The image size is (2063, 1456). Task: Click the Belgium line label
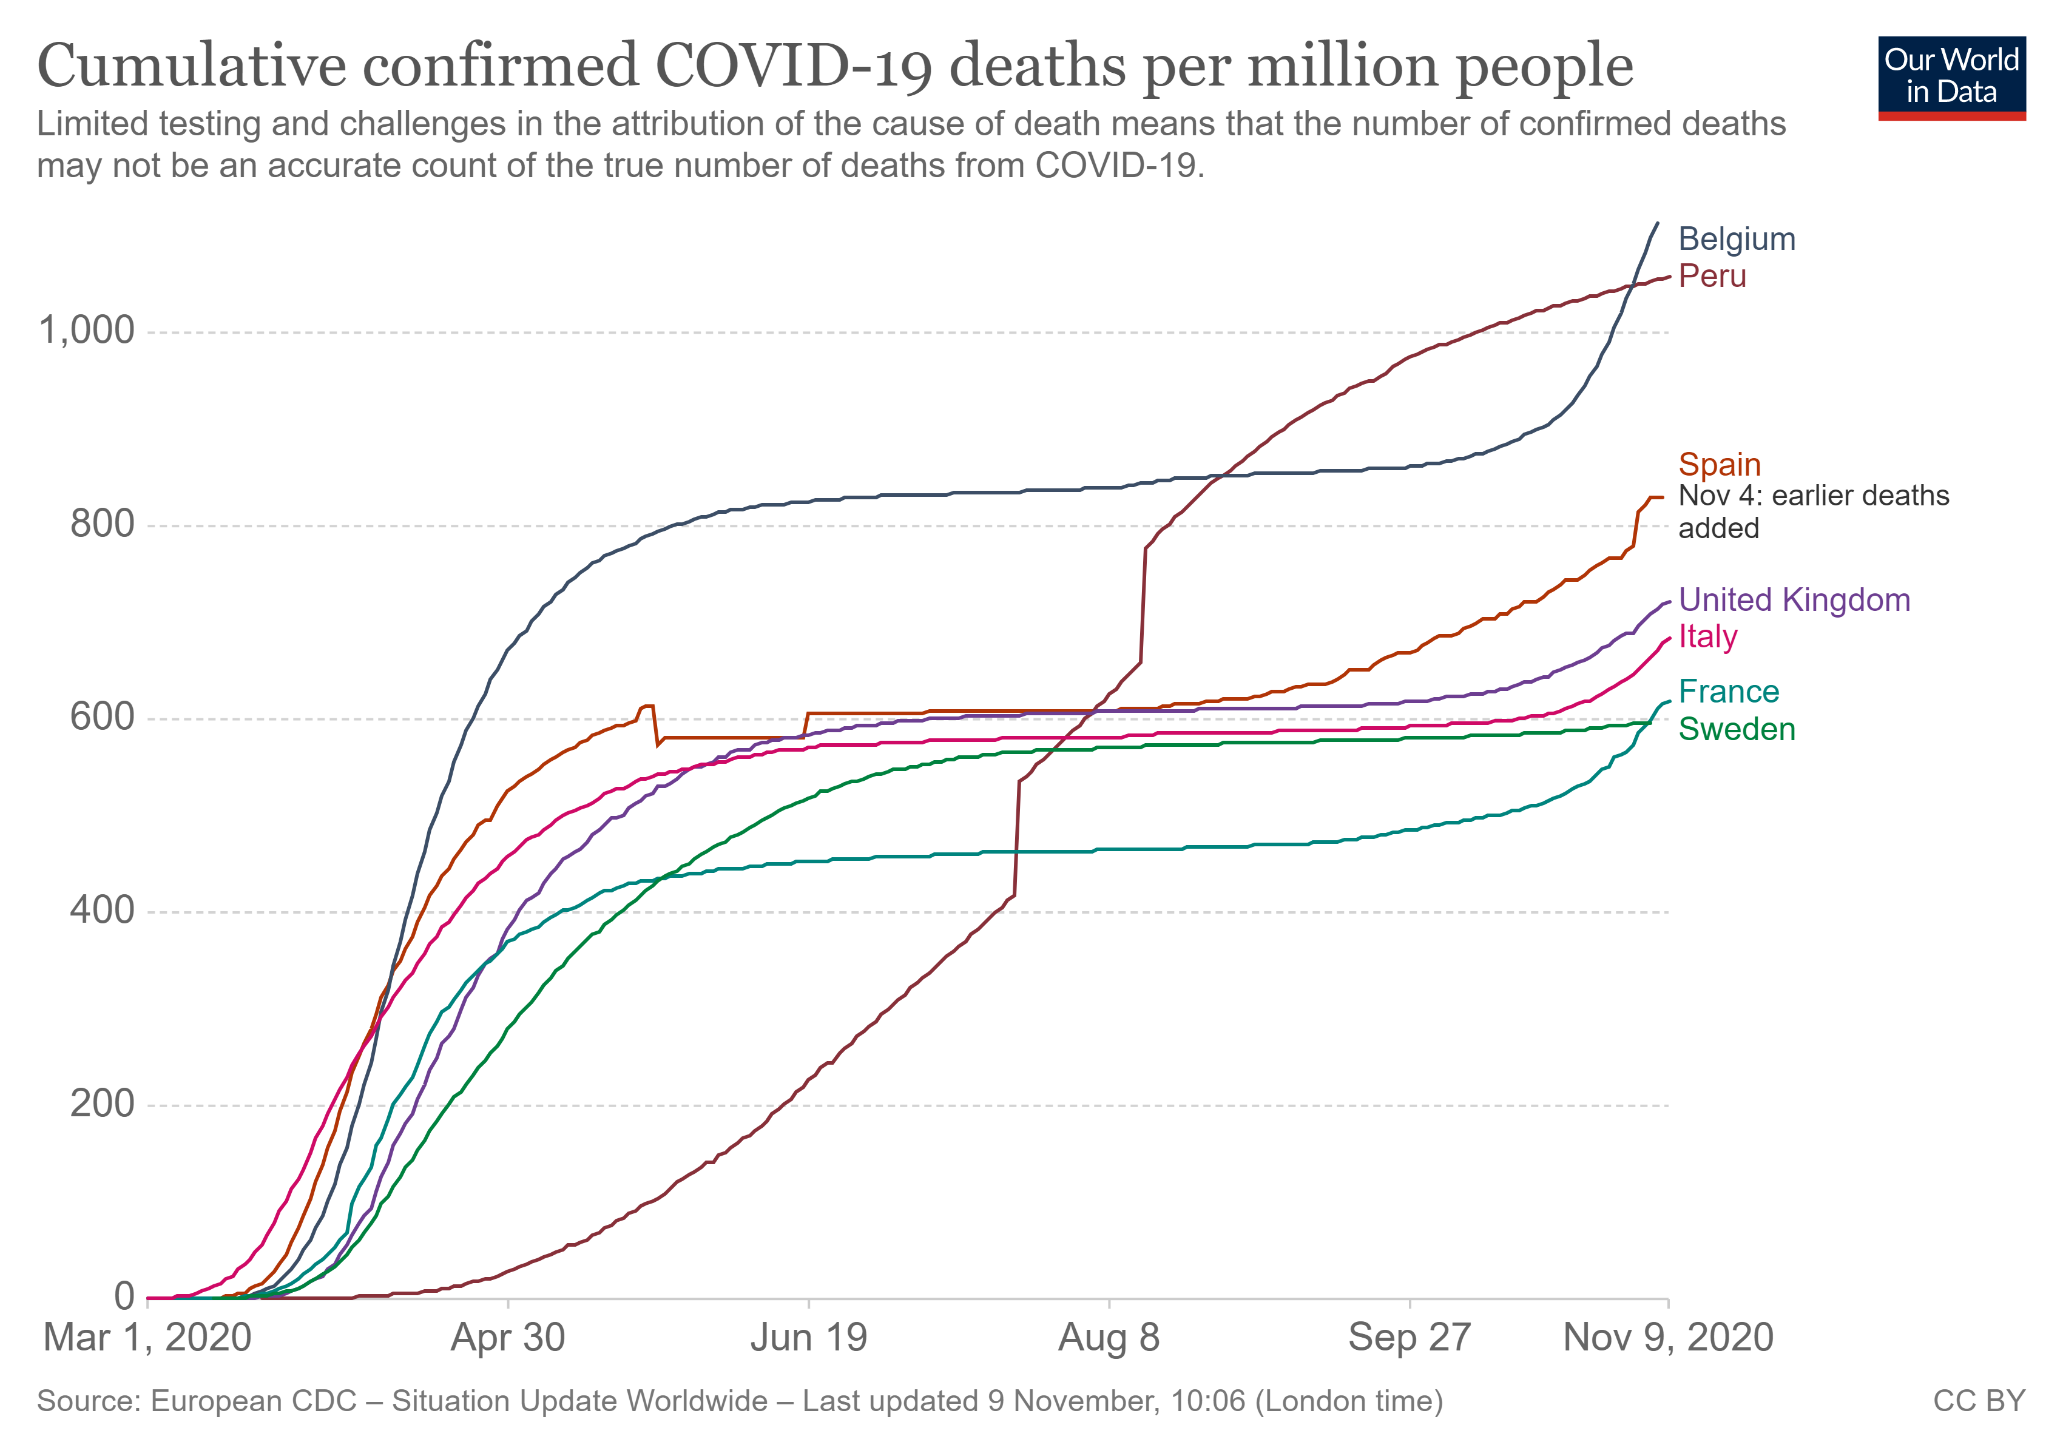click(x=1736, y=239)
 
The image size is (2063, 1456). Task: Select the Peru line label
click(x=1712, y=276)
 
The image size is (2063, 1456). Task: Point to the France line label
click(x=1728, y=691)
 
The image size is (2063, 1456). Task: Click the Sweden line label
click(x=1736, y=729)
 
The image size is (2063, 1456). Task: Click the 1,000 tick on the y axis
click(x=86, y=331)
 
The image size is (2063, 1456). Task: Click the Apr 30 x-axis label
click(x=508, y=1338)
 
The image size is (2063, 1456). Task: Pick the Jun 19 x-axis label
click(x=809, y=1338)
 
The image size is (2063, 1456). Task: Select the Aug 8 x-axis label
click(x=1109, y=1338)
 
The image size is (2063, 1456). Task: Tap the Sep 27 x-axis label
click(x=1409, y=1338)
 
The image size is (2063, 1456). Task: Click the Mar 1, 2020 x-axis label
click(x=147, y=1338)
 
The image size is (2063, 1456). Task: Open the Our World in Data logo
click(x=1951, y=77)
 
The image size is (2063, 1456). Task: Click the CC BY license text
click(x=1979, y=1401)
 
